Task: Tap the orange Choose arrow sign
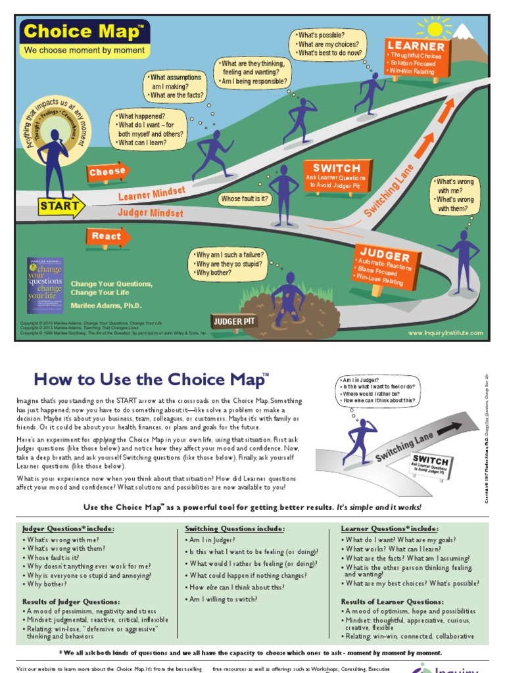click(108, 172)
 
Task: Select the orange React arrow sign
click(107, 237)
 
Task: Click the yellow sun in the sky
click(434, 29)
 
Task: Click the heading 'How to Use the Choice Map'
click(151, 379)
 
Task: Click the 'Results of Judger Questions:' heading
click(71, 601)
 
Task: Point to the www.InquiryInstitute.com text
click(445, 333)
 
